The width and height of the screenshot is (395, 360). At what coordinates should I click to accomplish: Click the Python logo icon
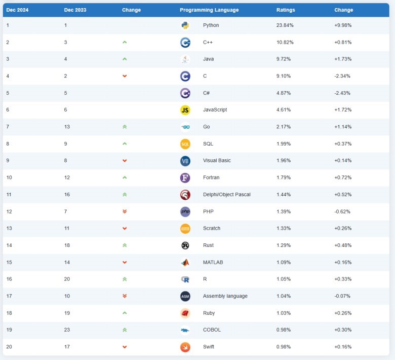click(185, 25)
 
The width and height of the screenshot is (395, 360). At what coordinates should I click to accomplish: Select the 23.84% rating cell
click(285, 25)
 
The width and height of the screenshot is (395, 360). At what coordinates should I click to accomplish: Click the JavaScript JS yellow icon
click(185, 110)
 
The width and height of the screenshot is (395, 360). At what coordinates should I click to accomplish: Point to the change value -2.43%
click(343, 93)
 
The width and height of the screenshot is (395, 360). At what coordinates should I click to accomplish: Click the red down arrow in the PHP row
click(125, 211)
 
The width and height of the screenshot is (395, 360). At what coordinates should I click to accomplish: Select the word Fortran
click(212, 177)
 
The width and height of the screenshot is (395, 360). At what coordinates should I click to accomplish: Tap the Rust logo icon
click(185, 245)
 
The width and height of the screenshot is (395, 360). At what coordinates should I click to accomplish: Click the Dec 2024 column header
click(17, 10)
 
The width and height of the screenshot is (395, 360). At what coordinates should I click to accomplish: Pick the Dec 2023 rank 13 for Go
click(67, 127)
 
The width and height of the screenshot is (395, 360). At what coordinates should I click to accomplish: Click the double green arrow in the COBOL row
click(125, 330)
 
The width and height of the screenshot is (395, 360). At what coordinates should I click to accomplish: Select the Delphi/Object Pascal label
click(226, 195)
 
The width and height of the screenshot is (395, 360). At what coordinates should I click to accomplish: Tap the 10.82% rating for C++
click(285, 42)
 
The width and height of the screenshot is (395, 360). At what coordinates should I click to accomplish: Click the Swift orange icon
click(185, 347)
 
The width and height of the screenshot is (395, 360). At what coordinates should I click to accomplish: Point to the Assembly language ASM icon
click(185, 296)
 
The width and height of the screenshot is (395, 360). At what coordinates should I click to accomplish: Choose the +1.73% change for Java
click(343, 59)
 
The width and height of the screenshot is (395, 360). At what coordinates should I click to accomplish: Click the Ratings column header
click(286, 10)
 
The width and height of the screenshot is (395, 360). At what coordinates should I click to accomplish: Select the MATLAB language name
click(213, 262)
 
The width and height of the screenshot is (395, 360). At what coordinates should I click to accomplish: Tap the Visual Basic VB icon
click(185, 161)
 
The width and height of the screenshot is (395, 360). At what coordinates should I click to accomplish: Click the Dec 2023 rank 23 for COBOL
click(67, 330)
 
